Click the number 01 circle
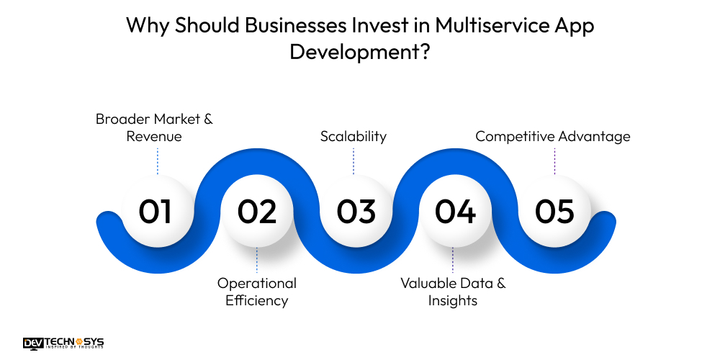click(x=156, y=212)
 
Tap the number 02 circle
click(x=257, y=212)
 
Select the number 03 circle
click(x=356, y=212)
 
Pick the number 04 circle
click(x=455, y=212)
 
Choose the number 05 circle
click(x=554, y=212)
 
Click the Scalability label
click(x=354, y=136)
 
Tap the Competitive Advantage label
click(x=553, y=136)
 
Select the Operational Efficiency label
click(x=257, y=292)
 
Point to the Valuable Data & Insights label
click(x=453, y=292)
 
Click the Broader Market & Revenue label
click(x=154, y=127)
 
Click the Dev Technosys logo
click(x=63, y=343)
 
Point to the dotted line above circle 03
click(x=354, y=161)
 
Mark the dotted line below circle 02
click(x=257, y=261)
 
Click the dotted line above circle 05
click(x=554, y=161)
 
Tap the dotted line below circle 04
click(x=453, y=261)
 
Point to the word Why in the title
click(x=146, y=25)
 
